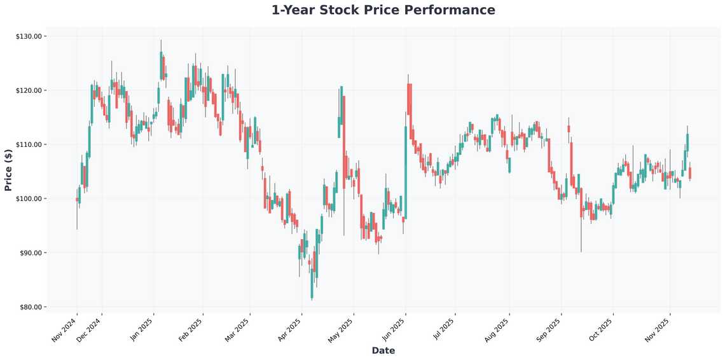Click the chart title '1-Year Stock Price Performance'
coord(383,10)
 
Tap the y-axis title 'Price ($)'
coord(8,170)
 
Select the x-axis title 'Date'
coord(383,350)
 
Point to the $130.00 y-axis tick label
coord(29,36)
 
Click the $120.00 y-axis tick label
coord(29,90)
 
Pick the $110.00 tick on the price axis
coord(29,144)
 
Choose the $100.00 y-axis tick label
coord(29,198)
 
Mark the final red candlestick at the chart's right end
coord(690,173)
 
